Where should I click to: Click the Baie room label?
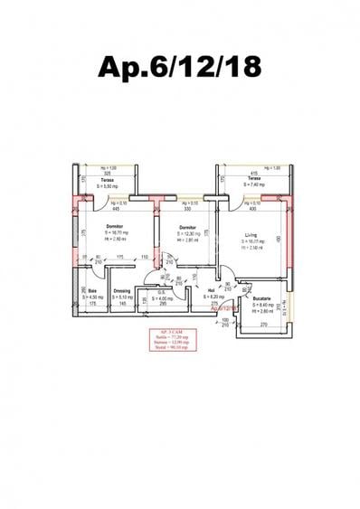[x=92, y=291]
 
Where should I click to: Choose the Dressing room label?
[x=121, y=291]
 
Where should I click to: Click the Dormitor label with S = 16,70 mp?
[x=114, y=226]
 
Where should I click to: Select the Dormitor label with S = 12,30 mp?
[x=187, y=227]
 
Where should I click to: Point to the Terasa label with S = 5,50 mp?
[x=107, y=180]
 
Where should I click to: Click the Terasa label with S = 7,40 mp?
[x=254, y=179]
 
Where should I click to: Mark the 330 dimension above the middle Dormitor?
[x=186, y=208]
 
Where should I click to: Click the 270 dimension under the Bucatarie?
[x=263, y=323]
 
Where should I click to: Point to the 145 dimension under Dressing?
[x=122, y=303]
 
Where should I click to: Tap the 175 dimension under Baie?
[x=92, y=303]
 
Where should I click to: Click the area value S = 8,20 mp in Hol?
[x=211, y=297]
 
